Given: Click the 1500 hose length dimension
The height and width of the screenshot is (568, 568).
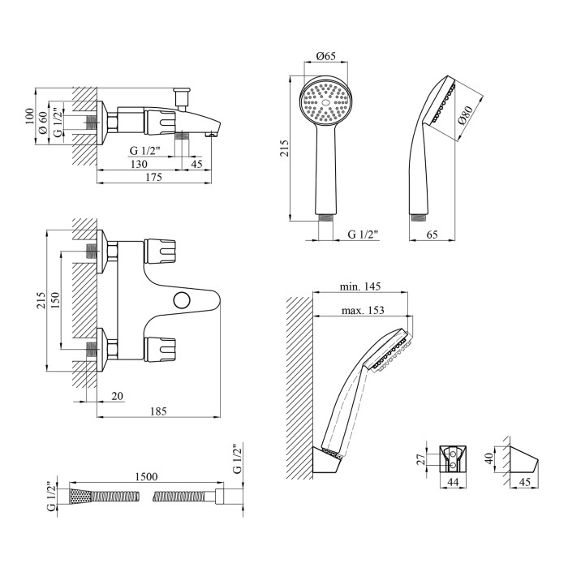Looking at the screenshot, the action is pos(146,476).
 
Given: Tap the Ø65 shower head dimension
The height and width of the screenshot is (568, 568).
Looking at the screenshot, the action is pos(326,56).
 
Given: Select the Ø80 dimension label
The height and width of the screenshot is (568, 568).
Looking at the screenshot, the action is pos(465,115).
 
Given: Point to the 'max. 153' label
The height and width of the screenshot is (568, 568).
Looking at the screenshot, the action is pos(363,311).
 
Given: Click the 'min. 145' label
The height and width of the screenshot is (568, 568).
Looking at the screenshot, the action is pos(360,286).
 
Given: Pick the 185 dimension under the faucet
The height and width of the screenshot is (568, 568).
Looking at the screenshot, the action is pos(159,411).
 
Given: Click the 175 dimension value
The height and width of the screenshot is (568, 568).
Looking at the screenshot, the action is pos(153,177).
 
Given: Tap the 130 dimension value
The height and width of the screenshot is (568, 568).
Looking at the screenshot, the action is pos(139,164).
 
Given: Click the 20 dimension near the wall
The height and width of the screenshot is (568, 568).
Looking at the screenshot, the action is pos(118,396).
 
